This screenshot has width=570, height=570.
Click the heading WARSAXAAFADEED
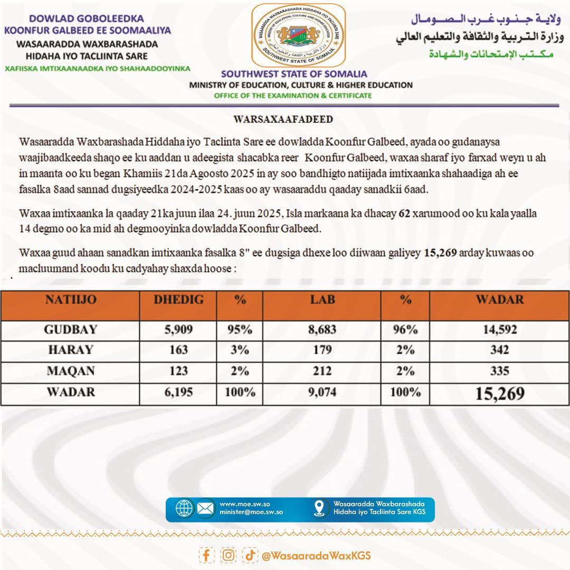point(283,119)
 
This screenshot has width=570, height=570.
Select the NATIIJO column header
point(71,300)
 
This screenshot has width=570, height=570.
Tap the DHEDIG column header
point(178,300)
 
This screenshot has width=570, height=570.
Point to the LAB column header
point(322,300)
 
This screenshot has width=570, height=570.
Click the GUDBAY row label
point(71,330)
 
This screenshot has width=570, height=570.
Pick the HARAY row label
point(71,349)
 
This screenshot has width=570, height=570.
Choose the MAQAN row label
point(71,370)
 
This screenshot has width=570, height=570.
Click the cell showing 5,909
point(178,330)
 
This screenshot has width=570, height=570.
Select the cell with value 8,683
point(322,330)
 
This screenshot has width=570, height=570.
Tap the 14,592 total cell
point(499,330)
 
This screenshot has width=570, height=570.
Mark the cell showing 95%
point(240,330)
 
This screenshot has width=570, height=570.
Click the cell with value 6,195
point(178,392)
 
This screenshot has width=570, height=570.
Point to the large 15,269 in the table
point(499,393)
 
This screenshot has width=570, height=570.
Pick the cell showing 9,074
point(322,392)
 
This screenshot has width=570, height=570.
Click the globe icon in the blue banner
point(185,508)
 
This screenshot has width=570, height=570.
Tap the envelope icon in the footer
point(206,508)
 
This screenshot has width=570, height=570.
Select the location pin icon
point(319,508)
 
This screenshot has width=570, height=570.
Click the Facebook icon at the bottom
point(206,555)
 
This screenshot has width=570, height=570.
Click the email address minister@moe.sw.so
point(251,512)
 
